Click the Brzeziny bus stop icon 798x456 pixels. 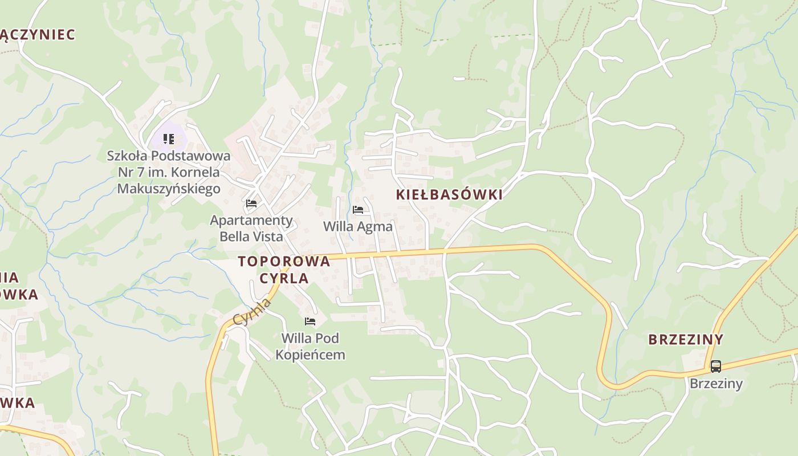point(715,367)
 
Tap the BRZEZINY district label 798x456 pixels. point(686,340)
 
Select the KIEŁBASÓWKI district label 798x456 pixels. point(449,194)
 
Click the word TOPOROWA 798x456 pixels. point(284,262)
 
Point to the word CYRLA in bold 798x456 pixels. point(284,278)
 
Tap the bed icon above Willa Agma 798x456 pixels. point(358,210)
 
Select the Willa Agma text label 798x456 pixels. point(358,226)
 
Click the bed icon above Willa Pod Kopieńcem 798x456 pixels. point(310,321)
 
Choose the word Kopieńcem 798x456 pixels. point(310,355)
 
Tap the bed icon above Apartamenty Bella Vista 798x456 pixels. point(251,203)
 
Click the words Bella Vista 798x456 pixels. point(251,236)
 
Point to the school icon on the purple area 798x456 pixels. point(168,139)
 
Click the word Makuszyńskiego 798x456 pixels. point(169,188)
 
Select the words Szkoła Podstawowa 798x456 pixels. point(169,156)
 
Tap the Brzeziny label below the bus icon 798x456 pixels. point(716,383)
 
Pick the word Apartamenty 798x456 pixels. point(251,220)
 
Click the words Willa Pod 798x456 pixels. point(310,338)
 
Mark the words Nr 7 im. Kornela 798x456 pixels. point(169,172)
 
